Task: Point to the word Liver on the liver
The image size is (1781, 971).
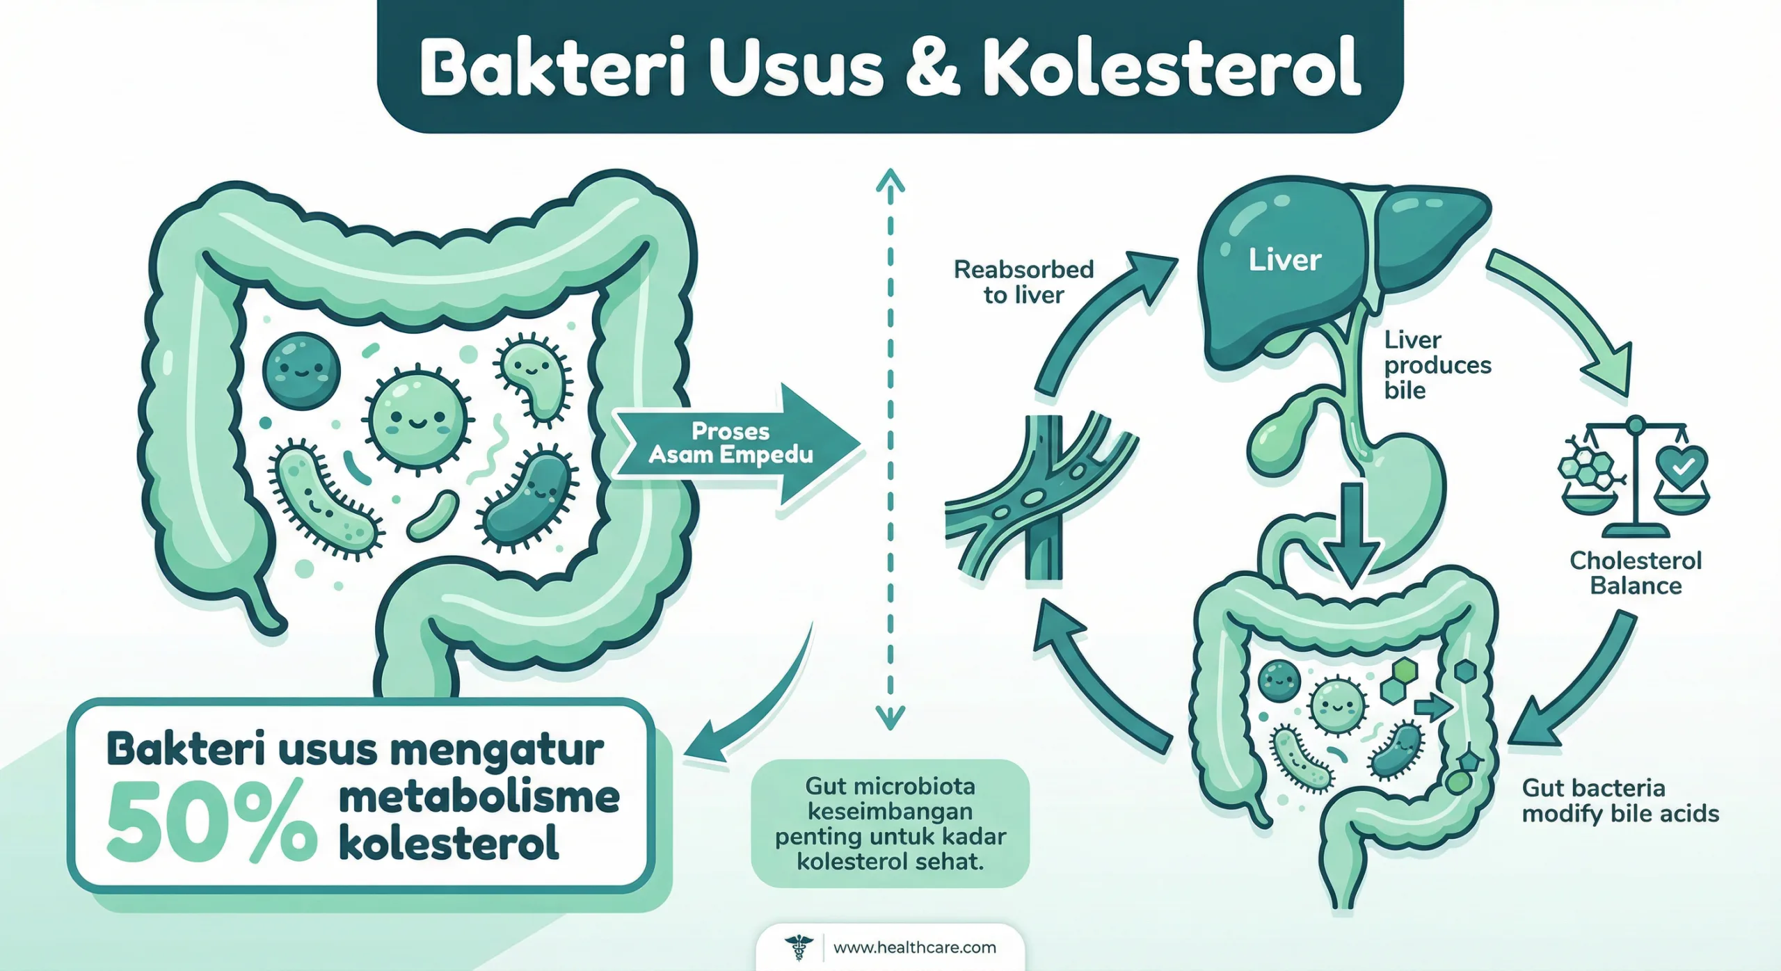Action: click(x=1284, y=260)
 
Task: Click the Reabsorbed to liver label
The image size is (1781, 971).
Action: click(x=1023, y=282)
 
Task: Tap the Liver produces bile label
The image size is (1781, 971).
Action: click(x=1437, y=364)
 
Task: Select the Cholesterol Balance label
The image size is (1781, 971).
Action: click(x=1636, y=572)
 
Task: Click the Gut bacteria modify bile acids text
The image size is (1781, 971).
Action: click(x=1620, y=801)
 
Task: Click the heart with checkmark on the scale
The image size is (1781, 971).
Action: click(x=1682, y=465)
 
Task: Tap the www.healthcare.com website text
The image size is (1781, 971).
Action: click(x=914, y=947)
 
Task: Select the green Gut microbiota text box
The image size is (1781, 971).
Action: click(x=890, y=824)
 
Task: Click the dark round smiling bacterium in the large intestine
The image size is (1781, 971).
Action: click(x=302, y=370)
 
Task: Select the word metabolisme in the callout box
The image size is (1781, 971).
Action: click(x=479, y=798)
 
